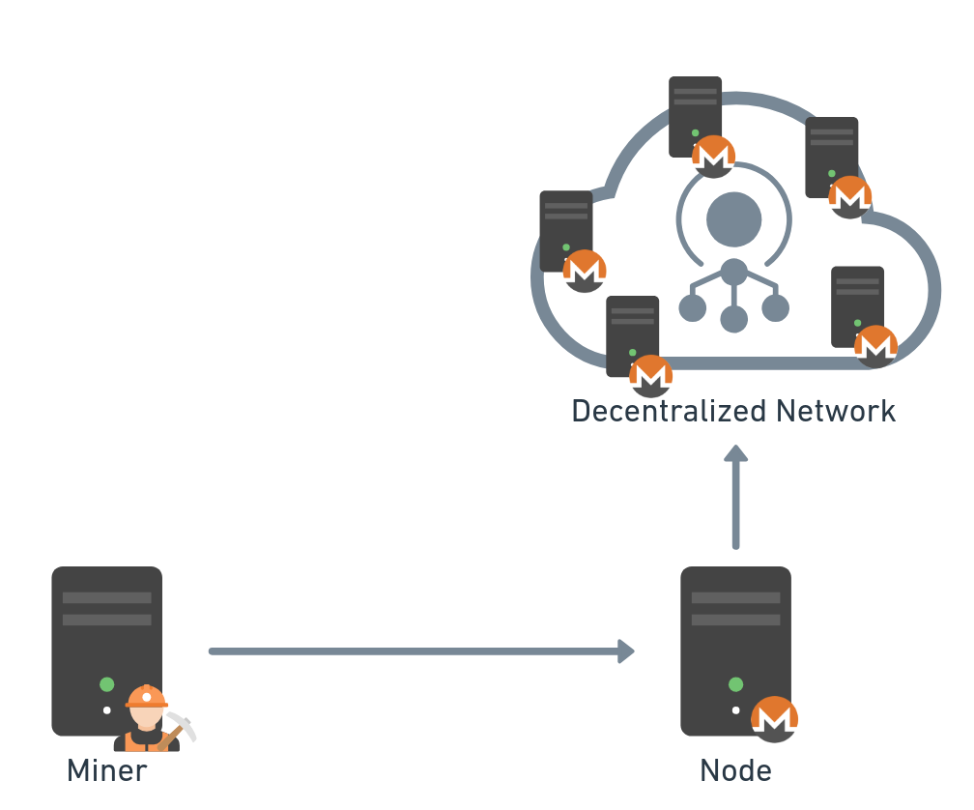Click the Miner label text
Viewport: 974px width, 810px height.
[106, 770]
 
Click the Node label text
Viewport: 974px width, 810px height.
[735, 770]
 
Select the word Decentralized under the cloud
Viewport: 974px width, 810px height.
[656, 411]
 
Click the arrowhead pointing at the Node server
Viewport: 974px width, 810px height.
[626, 651]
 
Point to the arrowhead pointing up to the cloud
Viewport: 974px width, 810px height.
[736, 453]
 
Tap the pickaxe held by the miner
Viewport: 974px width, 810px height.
[181, 725]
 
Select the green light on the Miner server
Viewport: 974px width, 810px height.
[107, 684]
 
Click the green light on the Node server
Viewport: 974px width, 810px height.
[736, 684]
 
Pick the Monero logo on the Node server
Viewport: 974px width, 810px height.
[775, 719]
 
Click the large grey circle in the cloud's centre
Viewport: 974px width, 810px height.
[734, 219]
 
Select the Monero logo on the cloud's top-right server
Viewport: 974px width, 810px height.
[850, 196]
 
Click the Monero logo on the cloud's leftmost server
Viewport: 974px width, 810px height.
[585, 271]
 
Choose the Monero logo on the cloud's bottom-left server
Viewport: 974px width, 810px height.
[650, 375]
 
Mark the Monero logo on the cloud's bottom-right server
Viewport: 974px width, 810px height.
[875, 346]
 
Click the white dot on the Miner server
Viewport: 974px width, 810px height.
[107, 710]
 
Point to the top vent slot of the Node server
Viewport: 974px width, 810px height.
[735, 598]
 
